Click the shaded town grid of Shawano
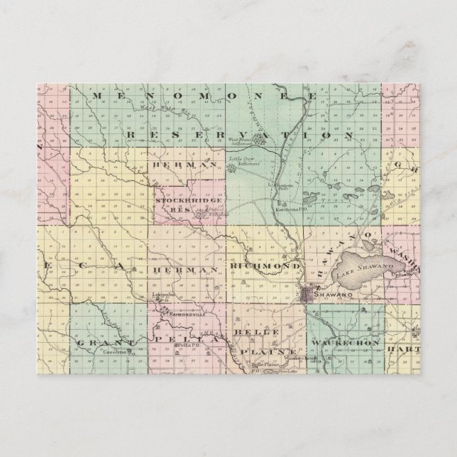pos(311,294)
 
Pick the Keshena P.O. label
pos(287,213)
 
